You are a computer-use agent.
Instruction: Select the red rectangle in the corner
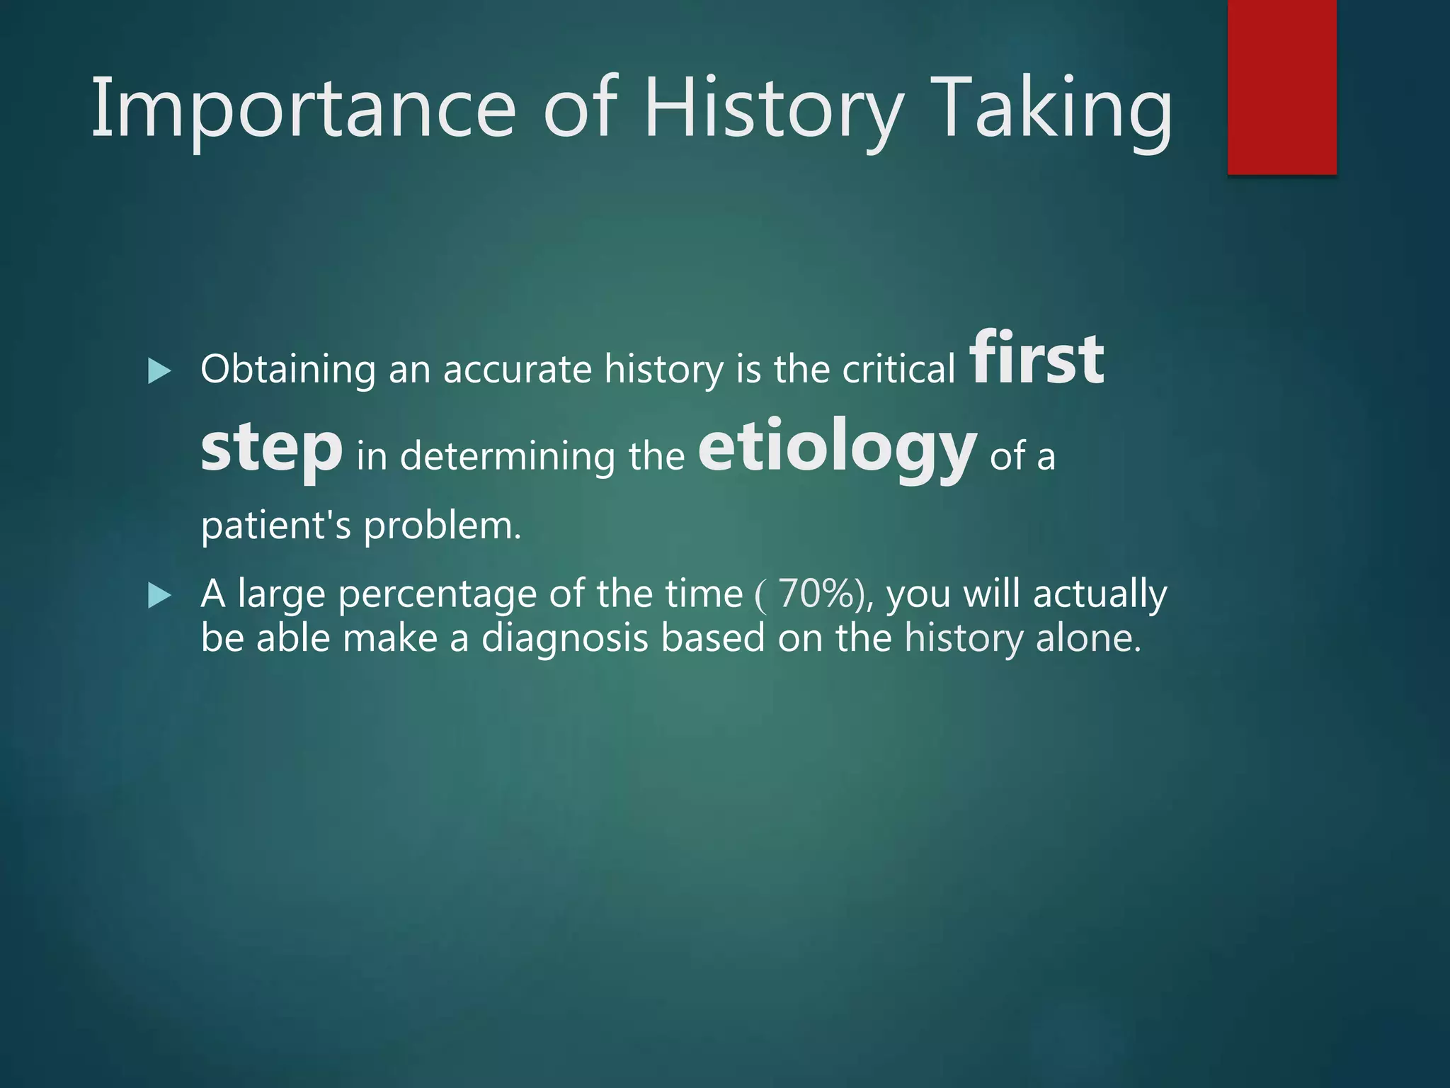pyautogui.click(x=1281, y=86)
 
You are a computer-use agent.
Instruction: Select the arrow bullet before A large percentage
pyautogui.click(x=159, y=596)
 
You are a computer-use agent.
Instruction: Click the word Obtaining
pyautogui.click(x=287, y=370)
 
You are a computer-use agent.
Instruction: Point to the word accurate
pyautogui.click(x=517, y=370)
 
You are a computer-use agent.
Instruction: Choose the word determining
pyautogui.click(x=507, y=455)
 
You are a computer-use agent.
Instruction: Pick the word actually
pyautogui.click(x=1099, y=594)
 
